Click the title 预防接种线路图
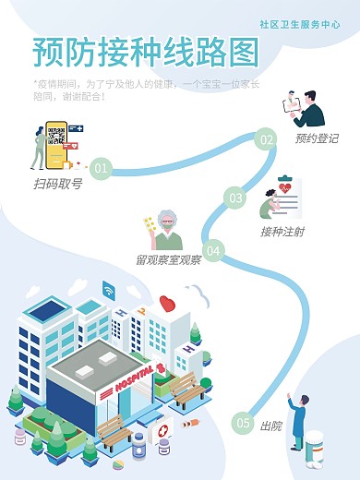click(x=145, y=54)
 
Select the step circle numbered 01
click(x=102, y=168)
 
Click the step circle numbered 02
click(x=266, y=140)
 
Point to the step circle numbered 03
click(x=236, y=198)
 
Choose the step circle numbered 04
click(x=213, y=249)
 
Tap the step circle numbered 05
click(x=243, y=423)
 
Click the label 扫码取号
click(x=57, y=185)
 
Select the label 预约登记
click(x=317, y=139)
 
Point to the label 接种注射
click(x=282, y=231)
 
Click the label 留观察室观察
click(x=168, y=260)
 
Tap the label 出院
click(x=270, y=426)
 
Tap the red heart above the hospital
click(x=167, y=303)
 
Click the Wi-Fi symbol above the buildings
click(x=109, y=289)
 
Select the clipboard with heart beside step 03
click(x=287, y=192)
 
